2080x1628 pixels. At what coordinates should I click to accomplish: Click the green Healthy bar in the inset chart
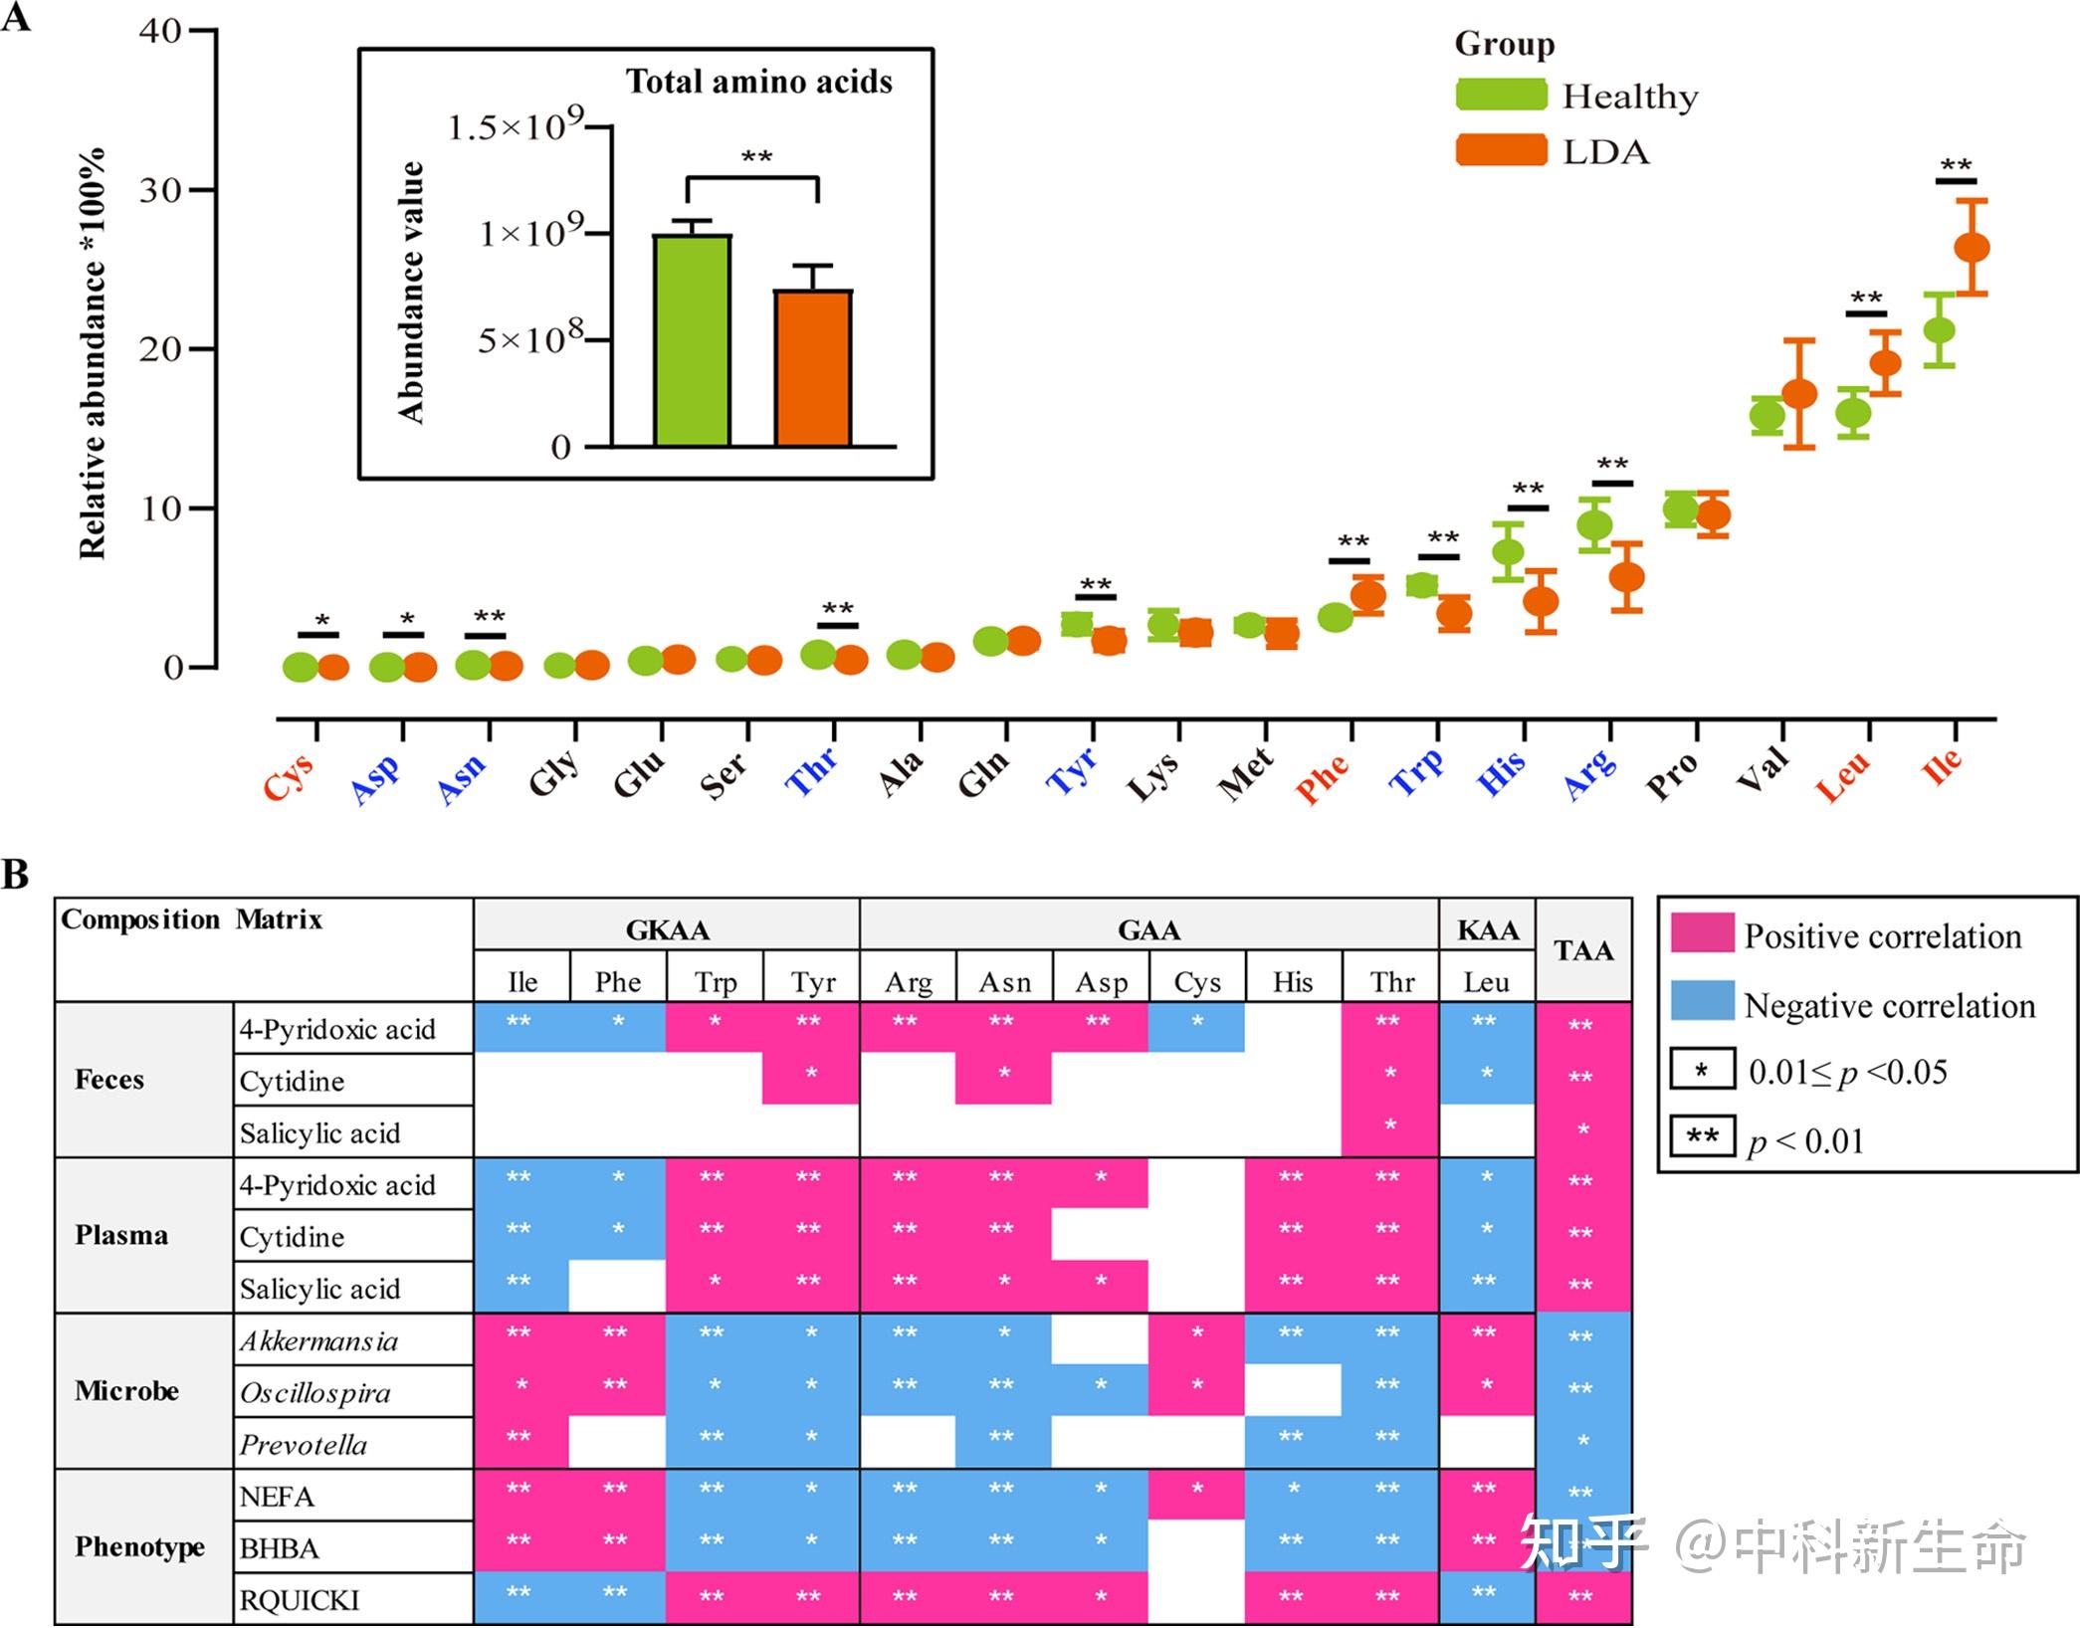click(x=692, y=340)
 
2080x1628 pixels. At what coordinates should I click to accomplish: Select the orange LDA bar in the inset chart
click(x=812, y=367)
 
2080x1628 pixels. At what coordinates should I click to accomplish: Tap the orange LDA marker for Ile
click(x=1972, y=248)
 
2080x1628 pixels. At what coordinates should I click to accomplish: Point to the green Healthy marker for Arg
click(x=1594, y=524)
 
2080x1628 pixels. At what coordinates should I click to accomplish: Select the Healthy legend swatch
click(x=1501, y=96)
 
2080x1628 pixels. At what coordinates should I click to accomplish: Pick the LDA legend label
click(x=1605, y=152)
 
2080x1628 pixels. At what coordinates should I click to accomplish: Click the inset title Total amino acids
click(x=758, y=82)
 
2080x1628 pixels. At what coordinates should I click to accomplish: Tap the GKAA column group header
click(x=667, y=930)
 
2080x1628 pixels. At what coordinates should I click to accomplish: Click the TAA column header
click(x=1583, y=950)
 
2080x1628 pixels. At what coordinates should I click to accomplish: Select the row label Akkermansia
click(x=318, y=1341)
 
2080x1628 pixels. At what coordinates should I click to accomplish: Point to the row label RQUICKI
click(x=300, y=1600)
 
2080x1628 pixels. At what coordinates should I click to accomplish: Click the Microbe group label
click(x=126, y=1390)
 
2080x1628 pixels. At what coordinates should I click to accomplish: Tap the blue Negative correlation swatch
click(x=1702, y=1002)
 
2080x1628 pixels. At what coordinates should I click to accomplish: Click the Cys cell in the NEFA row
click(x=1196, y=1494)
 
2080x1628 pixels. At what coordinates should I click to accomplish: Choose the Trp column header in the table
click(x=715, y=982)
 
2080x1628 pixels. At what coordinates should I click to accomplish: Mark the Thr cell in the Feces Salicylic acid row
click(x=1389, y=1130)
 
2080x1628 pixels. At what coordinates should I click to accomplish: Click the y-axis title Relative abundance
click(x=92, y=353)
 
